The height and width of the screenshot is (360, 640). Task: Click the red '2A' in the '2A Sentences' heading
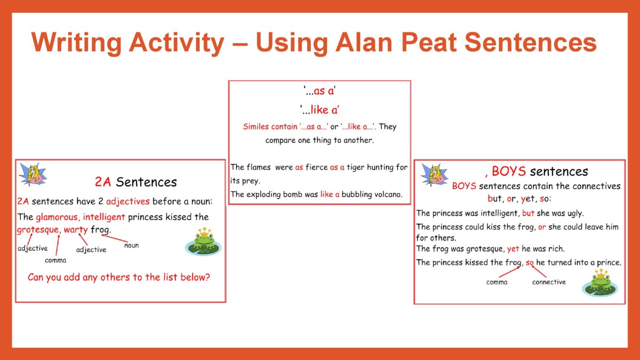click(103, 182)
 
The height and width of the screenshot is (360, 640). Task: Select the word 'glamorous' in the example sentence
click(57, 217)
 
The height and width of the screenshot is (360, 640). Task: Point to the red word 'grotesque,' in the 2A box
click(38, 230)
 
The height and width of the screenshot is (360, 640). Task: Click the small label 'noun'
click(131, 245)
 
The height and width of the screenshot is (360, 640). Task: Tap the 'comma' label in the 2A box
click(55, 260)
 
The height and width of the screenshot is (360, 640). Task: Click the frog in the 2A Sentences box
click(203, 242)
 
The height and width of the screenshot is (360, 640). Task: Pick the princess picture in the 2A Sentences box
click(33, 174)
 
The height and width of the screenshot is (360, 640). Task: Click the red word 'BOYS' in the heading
click(509, 171)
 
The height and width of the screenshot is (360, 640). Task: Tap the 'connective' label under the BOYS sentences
click(549, 282)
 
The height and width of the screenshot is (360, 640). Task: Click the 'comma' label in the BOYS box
click(497, 282)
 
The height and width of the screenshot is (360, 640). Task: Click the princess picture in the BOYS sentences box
click(434, 175)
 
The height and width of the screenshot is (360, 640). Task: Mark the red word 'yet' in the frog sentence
click(513, 249)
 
